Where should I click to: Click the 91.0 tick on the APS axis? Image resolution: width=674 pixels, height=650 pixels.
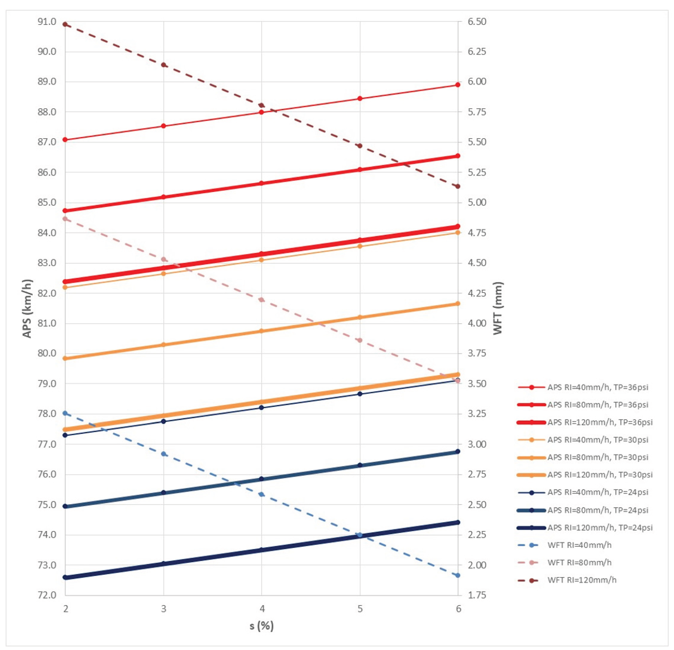47,22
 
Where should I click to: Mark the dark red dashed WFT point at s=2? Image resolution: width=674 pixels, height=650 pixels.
65,24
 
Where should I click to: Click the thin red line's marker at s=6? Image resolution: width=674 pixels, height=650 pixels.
458,85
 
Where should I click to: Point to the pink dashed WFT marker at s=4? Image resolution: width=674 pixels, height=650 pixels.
262,299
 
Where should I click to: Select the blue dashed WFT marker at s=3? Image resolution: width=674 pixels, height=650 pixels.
164,454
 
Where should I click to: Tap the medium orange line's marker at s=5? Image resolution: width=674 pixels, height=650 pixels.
360,317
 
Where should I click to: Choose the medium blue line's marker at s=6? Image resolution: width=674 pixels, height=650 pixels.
458,452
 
